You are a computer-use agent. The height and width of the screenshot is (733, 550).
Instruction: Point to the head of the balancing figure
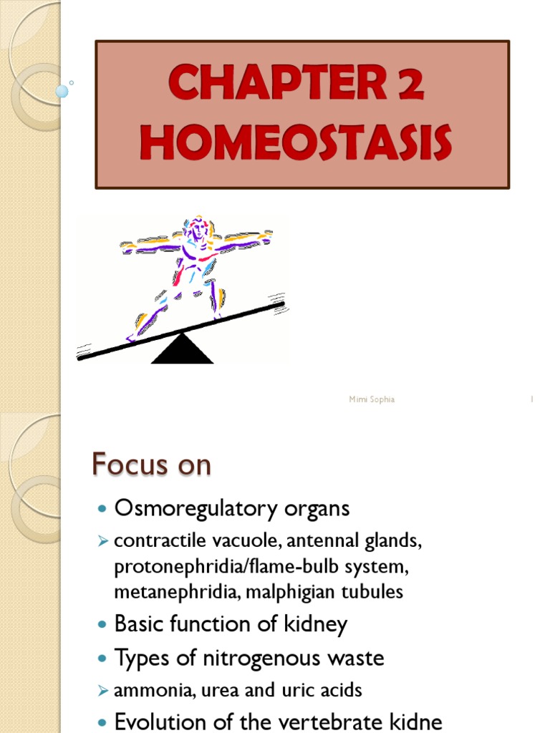[x=198, y=227]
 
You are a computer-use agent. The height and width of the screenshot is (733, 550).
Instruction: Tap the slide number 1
[x=531, y=399]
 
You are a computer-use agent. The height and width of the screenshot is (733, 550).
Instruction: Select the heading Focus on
[x=151, y=465]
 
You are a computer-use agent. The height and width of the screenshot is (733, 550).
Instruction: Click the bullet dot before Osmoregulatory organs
[x=101, y=509]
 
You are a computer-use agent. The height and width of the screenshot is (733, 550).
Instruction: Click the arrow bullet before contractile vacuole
[x=102, y=542]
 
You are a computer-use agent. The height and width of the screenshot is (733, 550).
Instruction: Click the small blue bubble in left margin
[x=62, y=91]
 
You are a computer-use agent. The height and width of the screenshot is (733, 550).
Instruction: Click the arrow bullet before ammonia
[x=102, y=691]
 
